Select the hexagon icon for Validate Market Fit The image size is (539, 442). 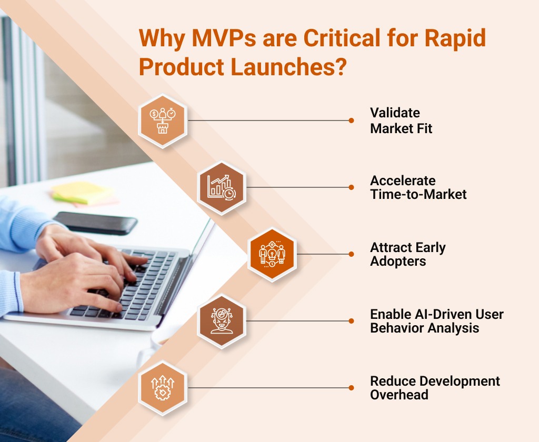[x=162, y=120]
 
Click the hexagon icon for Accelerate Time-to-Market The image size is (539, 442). [x=221, y=187]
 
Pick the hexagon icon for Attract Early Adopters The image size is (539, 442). [x=272, y=254]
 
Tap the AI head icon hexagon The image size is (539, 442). [x=221, y=321]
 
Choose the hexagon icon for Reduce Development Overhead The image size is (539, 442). [x=162, y=388]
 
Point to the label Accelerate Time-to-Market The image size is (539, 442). [x=418, y=187]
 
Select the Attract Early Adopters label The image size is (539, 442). [x=407, y=254]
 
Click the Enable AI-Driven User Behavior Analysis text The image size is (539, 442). [x=436, y=321]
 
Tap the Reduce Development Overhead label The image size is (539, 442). [x=435, y=388]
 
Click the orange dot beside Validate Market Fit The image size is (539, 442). [x=351, y=120]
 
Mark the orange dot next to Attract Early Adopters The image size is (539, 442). [x=351, y=254]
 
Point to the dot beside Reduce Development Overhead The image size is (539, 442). [x=351, y=388]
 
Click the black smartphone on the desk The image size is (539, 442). [x=95, y=223]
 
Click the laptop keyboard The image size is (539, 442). [x=132, y=279]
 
